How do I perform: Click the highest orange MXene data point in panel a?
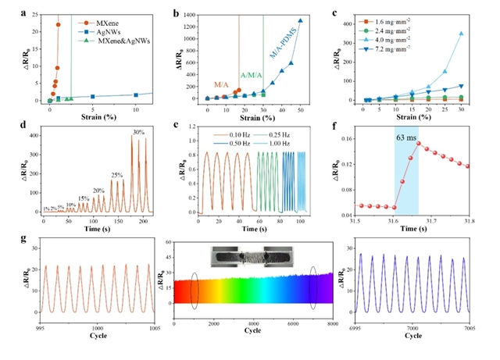point(59,24)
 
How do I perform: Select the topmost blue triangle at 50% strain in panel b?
point(300,21)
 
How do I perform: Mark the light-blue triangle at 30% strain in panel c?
point(461,34)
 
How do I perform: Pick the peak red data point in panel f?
point(419,143)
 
